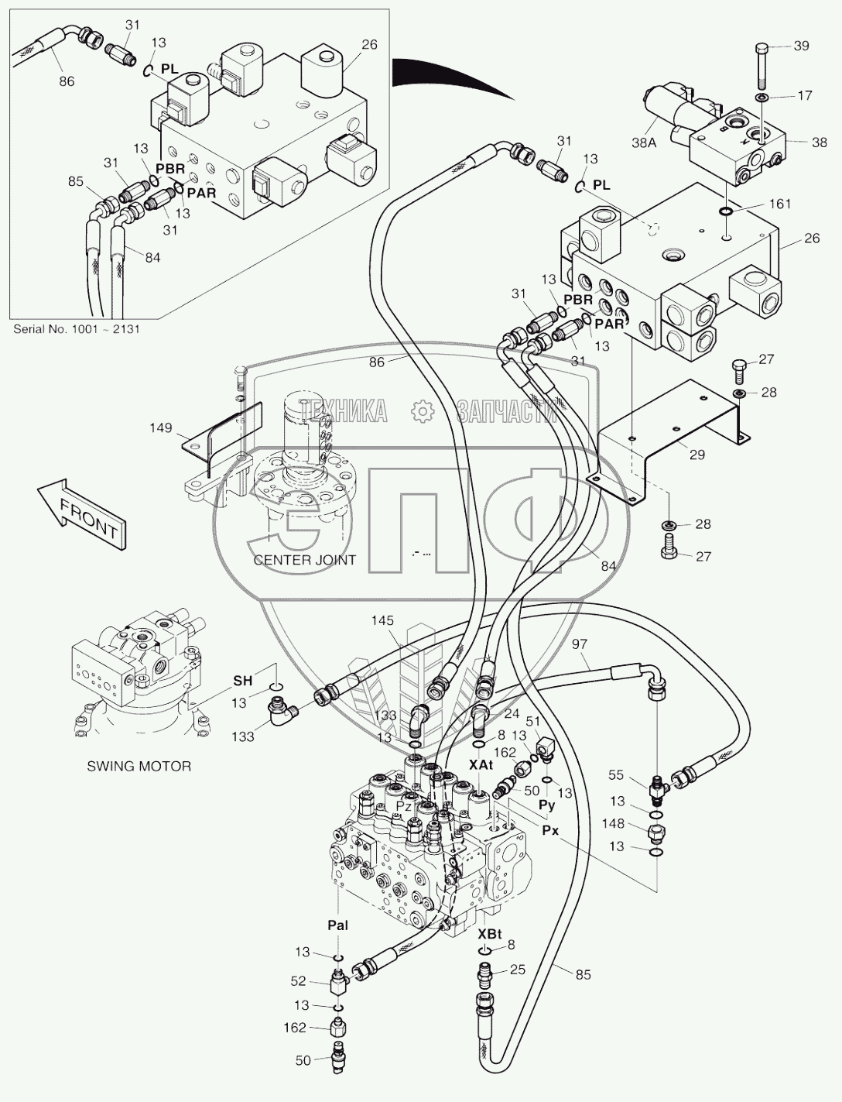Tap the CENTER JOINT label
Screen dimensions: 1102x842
[x=305, y=559]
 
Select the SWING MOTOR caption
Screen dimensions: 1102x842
[x=139, y=766]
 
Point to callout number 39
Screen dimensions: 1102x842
[x=801, y=46]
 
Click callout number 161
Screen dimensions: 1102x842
[x=780, y=204]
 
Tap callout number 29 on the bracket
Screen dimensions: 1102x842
[x=697, y=455]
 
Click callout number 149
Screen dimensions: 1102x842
[x=162, y=427]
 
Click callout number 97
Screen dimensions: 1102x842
[x=580, y=644]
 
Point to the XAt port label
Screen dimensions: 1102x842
[x=481, y=764]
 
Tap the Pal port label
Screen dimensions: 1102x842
[x=337, y=925]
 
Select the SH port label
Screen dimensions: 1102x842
[x=243, y=680]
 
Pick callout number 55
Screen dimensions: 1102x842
[x=616, y=774]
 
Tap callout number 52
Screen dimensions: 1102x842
[x=298, y=982]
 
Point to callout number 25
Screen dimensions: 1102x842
[x=518, y=970]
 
